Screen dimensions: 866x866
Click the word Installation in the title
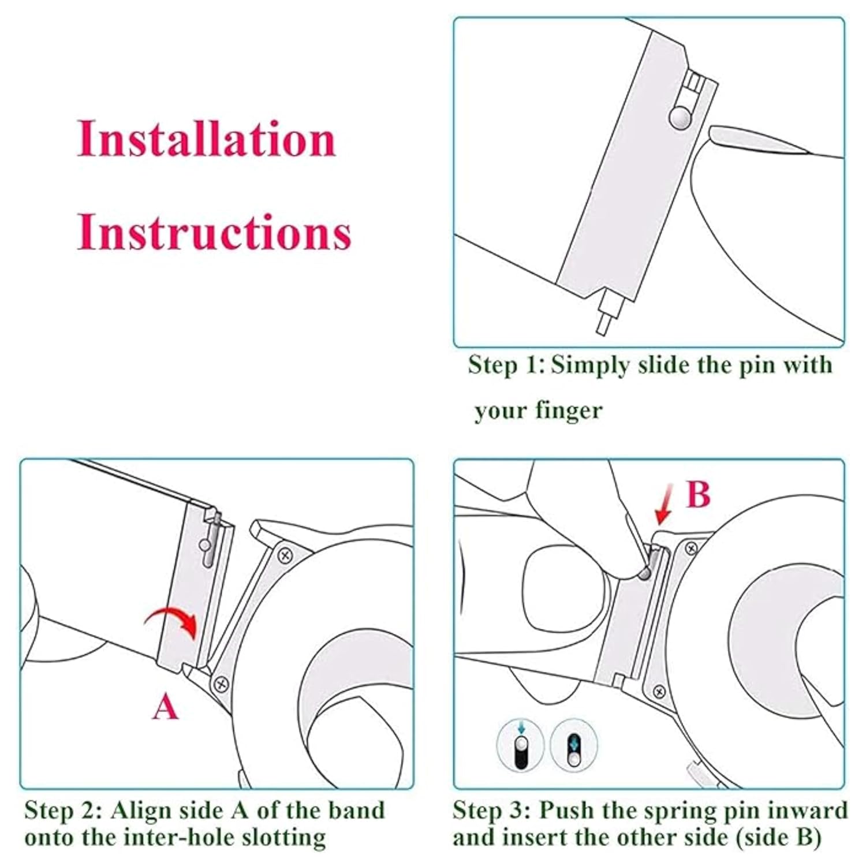(x=207, y=139)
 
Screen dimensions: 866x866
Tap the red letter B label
(x=698, y=494)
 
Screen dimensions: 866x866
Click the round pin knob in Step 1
(x=680, y=117)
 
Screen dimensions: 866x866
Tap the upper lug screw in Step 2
(x=285, y=555)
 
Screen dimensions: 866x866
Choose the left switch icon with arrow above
(x=520, y=746)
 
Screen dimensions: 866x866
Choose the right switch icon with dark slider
(x=573, y=746)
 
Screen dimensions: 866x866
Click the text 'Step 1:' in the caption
(x=506, y=365)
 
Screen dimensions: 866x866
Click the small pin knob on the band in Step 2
(x=204, y=544)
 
